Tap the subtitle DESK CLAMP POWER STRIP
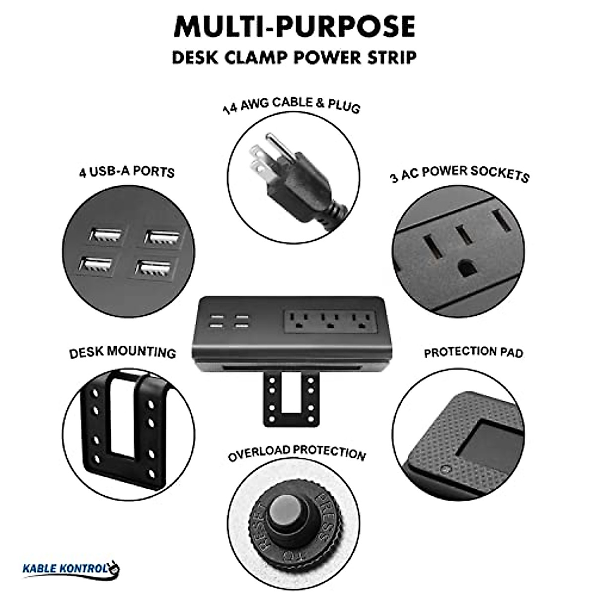(294, 57)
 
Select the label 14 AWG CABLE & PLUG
(292, 105)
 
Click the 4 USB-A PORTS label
(127, 172)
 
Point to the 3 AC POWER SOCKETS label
(459, 174)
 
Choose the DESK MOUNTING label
(122, 353)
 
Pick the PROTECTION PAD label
(473, 353)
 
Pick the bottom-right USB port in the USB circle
(151, 269)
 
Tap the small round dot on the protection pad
(445, 468)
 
